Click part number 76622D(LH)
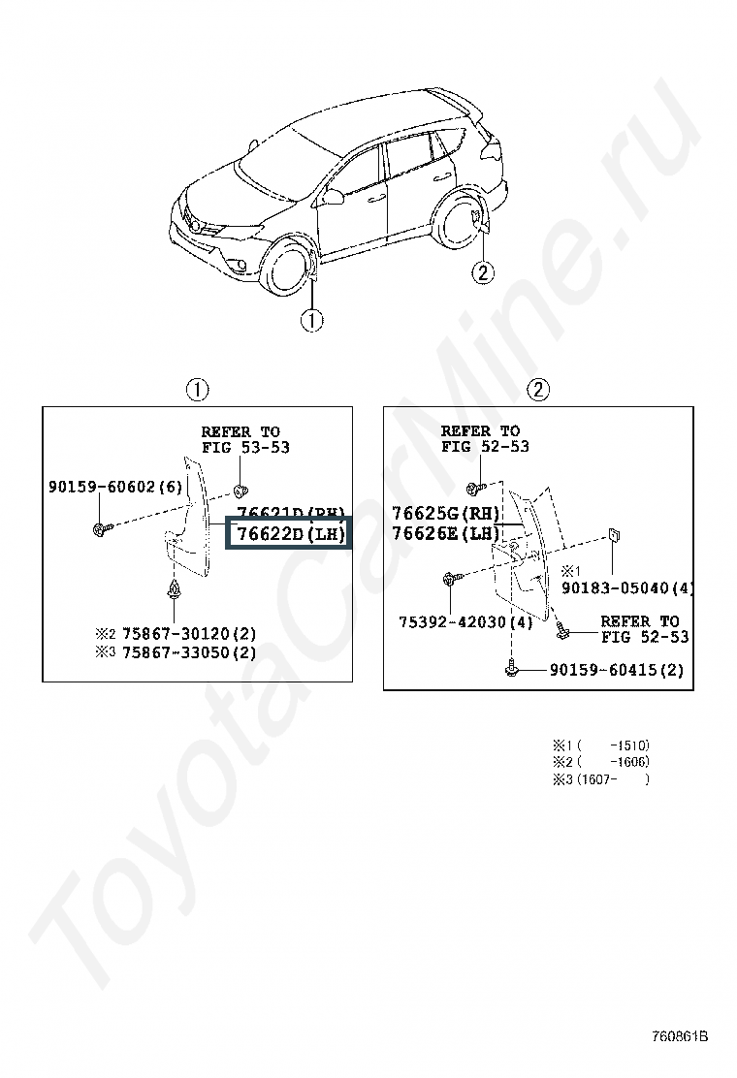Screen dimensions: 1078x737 [286, 534]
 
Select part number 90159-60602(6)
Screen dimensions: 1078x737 [114, 487]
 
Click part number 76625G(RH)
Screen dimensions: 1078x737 [445, 514]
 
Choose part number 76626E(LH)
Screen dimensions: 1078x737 [445, 533]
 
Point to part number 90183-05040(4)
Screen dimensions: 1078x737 [627, 588]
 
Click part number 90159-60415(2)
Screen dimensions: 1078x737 [617, 670]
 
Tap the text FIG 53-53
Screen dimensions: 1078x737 [244, 448]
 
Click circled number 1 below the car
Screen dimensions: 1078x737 [311, 320]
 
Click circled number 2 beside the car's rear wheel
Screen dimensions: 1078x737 [483, 272]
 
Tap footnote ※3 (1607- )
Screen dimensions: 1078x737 [601, 779]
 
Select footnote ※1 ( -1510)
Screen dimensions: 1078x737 [601, 745]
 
